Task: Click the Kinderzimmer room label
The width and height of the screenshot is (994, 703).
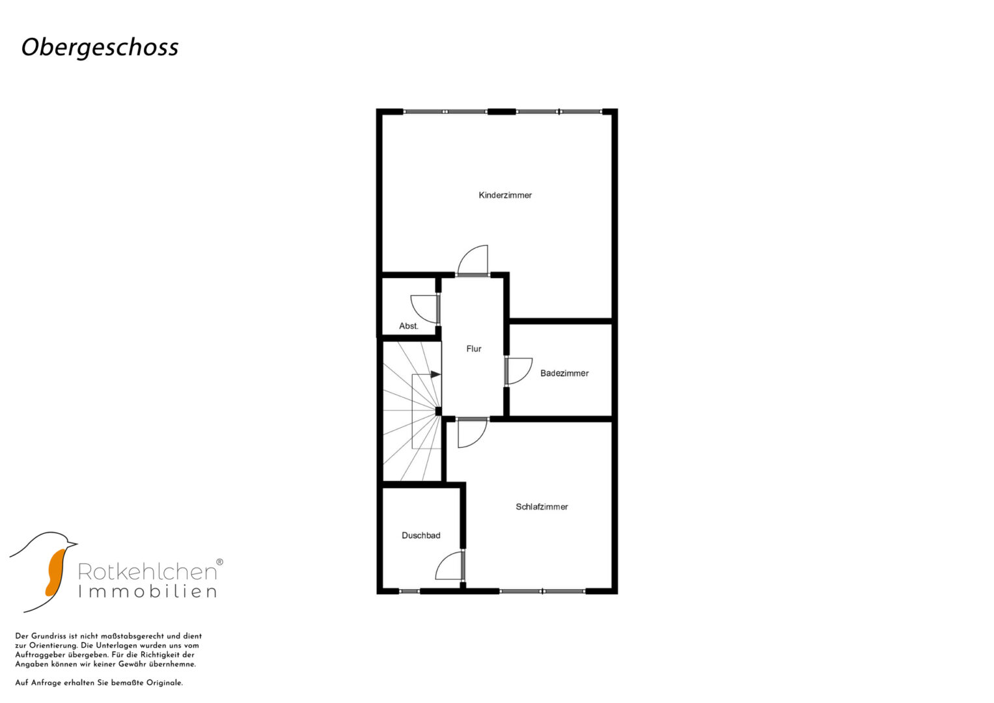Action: point(505,195)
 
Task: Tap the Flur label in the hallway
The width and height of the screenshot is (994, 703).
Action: point(473,349)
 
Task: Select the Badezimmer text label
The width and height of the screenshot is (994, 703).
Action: point(564,373)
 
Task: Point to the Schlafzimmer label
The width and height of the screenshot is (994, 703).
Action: point(542,507)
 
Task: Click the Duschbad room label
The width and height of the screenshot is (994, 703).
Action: point(421,536)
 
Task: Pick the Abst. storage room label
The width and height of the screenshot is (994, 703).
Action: point(408,326)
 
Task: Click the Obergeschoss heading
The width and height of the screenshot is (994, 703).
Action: point(100,48)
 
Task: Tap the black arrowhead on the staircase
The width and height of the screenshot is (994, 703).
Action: point(435,374)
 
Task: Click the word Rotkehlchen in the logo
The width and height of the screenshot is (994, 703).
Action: point(147,572)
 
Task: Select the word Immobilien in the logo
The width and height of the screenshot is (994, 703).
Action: point(147,592)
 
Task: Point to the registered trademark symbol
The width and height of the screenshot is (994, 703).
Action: point(219,562)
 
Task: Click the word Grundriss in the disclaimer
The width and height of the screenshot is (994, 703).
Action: point(48,636)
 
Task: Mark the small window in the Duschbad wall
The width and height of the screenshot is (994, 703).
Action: point(409,591)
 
